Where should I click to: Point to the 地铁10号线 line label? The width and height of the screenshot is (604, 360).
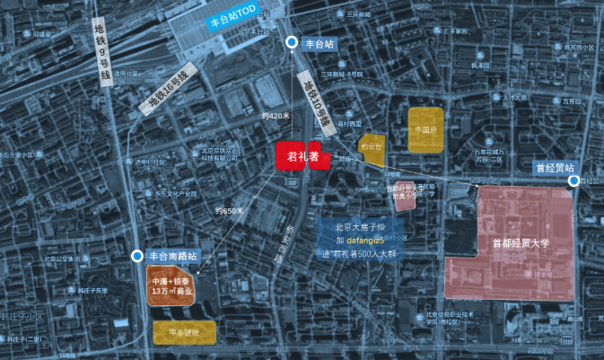(x=316, y=100)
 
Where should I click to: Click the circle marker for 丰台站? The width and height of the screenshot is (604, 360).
(x=291, y=43)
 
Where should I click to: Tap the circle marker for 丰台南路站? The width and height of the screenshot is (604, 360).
(x=137, y=256)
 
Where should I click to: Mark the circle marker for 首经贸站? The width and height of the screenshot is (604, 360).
(x=573, y=181)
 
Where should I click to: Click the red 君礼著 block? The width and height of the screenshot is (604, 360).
(x=298, y=155)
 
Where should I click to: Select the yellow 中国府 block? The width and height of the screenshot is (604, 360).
(x=425, y=129)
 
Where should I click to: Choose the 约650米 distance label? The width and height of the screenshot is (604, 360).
(x=229, y=211)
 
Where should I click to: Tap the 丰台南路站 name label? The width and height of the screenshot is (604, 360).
(x=172, y=256)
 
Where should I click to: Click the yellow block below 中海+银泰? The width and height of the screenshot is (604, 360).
(x=183, y=332)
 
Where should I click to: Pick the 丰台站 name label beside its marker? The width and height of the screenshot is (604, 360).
(x=320, y=43)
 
